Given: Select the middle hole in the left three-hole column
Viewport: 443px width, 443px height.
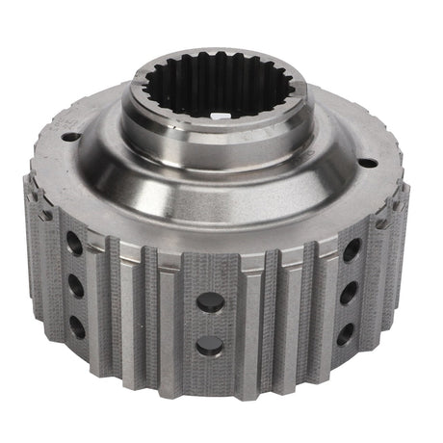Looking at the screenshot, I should pyautogui.click(x=76, y=285).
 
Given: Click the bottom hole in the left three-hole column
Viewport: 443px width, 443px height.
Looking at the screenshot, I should pyautogui.click(x=77, y=326).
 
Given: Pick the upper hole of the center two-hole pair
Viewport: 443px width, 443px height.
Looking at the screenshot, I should pyautogui.click(x=210, y=301).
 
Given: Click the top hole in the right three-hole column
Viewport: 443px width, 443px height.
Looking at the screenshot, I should pyautogui.click(x=352, y=249).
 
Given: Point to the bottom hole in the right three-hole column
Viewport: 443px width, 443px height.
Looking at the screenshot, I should pyautogui.click(x=345, y=332).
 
